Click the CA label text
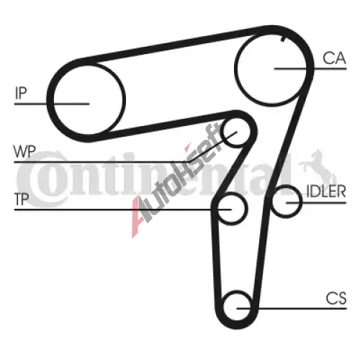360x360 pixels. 334,58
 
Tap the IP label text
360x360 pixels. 21,93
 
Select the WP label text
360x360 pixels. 24,151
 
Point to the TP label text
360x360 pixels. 22,199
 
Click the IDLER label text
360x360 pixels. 326,192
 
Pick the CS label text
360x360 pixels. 336,298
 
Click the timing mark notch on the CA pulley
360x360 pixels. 283,38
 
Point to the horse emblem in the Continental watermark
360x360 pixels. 316,166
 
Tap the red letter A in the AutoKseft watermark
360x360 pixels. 141,216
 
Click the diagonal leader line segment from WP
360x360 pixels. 213,147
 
